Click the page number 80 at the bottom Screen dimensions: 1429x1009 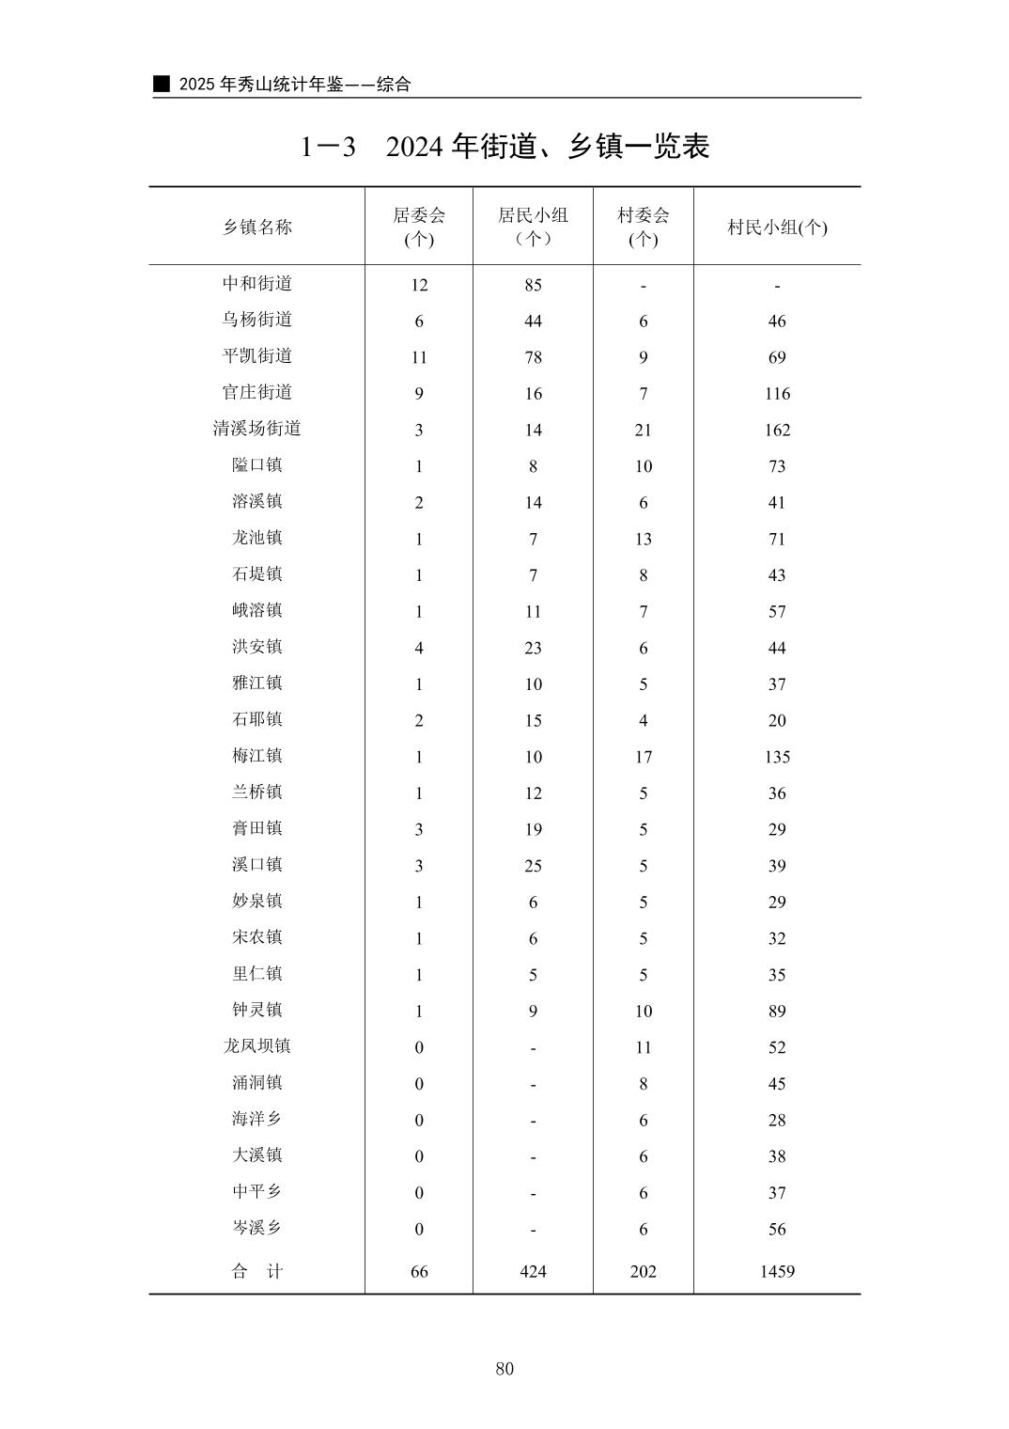click(504, 1368)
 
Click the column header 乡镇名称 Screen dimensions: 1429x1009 click(256, 227)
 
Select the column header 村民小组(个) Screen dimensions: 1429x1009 click(777, 227)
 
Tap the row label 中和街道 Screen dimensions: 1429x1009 click(256, 283)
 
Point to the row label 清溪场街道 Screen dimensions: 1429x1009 click(256, 429)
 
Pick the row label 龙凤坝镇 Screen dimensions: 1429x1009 click(256, 1046)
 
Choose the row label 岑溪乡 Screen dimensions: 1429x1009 click(256, 1228)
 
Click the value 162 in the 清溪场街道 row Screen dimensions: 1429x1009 click(777, 430)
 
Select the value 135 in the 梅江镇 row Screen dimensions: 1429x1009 click(777, 757)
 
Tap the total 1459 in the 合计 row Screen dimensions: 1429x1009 click(777, 1271)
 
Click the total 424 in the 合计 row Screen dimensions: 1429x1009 click(533, 1271)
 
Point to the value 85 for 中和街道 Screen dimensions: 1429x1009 click(533, 285)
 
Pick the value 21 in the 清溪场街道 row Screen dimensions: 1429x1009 click(644, 430)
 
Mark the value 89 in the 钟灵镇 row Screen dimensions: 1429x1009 click(777, 1012)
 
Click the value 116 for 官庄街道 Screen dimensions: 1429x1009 click(777, 394)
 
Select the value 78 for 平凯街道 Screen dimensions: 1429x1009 click(533, 357)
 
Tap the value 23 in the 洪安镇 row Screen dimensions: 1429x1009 click(533, 648)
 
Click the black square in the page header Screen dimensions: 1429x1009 click(162, 84)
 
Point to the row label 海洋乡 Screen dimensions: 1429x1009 click(256, 1119)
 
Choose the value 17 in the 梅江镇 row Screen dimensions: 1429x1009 click(644, 757)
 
